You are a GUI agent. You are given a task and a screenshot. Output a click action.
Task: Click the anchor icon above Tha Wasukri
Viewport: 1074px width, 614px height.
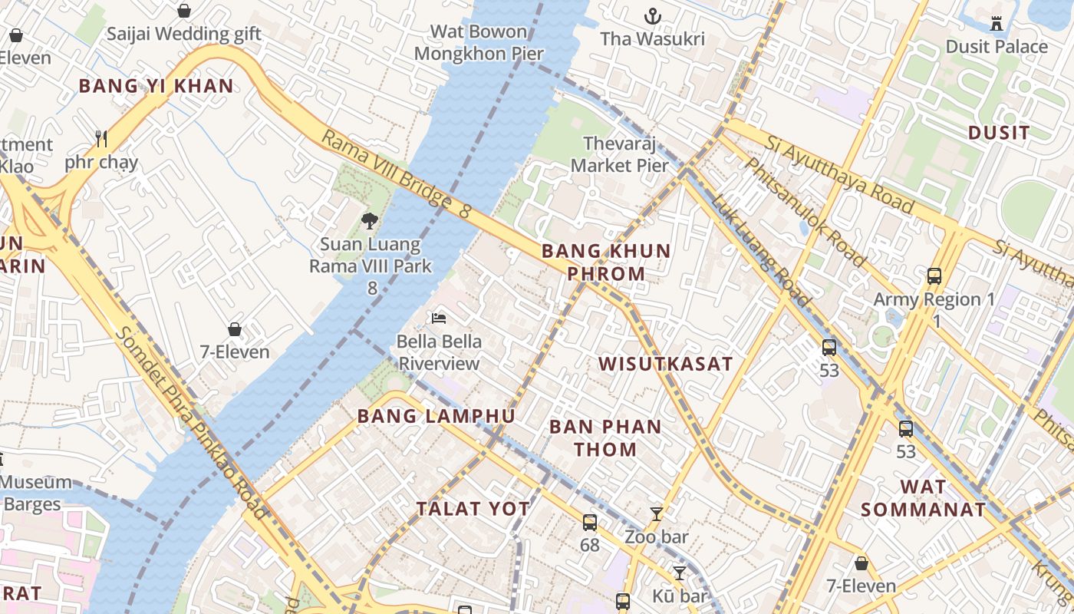click(652, 15)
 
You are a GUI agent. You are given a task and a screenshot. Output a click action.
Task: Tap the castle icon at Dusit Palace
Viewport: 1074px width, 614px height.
click(997, 24)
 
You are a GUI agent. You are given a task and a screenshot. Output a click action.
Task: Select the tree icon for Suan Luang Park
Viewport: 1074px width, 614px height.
click(370, 221)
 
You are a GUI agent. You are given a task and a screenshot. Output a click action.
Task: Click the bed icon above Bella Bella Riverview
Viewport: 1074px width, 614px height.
click(439, 318)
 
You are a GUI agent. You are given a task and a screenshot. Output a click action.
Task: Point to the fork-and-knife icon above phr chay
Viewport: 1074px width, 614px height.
click(100, 138)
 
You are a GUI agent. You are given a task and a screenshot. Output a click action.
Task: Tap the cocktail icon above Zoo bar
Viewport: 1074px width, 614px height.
click(656, 513)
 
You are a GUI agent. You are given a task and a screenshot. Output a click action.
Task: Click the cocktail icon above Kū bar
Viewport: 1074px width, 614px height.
click(679, 573)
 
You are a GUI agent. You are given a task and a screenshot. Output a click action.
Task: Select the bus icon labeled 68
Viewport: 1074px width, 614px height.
click(589, 522)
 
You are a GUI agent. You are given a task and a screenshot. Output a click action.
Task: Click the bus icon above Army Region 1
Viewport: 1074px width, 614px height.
click(934, 276)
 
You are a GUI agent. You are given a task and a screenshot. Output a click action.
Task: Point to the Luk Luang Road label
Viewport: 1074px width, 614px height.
click(759, 249)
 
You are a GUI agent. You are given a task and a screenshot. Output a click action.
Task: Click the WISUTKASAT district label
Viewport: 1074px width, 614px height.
click(665, 364)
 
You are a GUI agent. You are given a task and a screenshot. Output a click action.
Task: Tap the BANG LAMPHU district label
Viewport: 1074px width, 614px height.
click(436, 416)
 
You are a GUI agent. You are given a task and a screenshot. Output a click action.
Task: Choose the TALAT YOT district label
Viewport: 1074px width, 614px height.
click(473, 508)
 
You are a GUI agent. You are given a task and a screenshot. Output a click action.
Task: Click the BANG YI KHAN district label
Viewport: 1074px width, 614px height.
click(156, 86)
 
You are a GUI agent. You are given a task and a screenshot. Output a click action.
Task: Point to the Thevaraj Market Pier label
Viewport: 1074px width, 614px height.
click(620, 154)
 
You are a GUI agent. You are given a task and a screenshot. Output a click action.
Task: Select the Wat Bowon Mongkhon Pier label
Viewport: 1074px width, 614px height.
click(479, 42)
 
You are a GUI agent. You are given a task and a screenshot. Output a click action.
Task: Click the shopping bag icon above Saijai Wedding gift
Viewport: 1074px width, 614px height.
click(183, 11)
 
